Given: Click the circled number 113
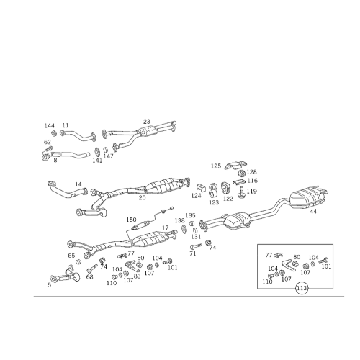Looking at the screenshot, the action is coord(302,288).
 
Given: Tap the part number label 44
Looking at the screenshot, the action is coord(313,211).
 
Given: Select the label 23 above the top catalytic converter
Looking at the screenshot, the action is coord(147,122).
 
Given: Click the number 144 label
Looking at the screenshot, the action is coord(50,126).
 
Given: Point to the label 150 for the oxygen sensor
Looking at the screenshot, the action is coord(131,220).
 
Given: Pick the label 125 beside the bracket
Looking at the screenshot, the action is coord(216,166).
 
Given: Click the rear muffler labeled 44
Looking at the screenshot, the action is coord(308,197).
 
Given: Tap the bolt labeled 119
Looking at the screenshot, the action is coord(240,192).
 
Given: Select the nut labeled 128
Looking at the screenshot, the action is coord(241,173).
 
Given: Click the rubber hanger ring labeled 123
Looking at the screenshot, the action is coord(212,190).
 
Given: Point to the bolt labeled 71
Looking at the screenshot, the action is coord(196,246).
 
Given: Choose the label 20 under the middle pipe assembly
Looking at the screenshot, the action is coord(142,197).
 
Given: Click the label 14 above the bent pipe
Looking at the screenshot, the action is coord(78,184).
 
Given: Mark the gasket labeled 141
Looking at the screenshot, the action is coord(97,152).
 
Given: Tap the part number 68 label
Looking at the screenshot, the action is coord(89,276).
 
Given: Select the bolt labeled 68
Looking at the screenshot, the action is coord(92,268).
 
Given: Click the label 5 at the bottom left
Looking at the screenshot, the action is coord(49,285).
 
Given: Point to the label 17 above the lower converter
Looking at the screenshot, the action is coord(166,228).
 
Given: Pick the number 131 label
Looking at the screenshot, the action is coord(196,237).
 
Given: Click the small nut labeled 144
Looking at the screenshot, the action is coord(54,133).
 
